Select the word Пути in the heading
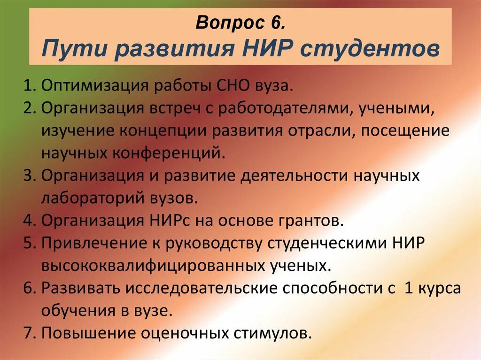[x=69, y=48]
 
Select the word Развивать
[x=78, y=288]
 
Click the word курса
[x=438, y=288]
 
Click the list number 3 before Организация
[x=28, y=176]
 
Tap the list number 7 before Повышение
[x=28, y=333]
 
